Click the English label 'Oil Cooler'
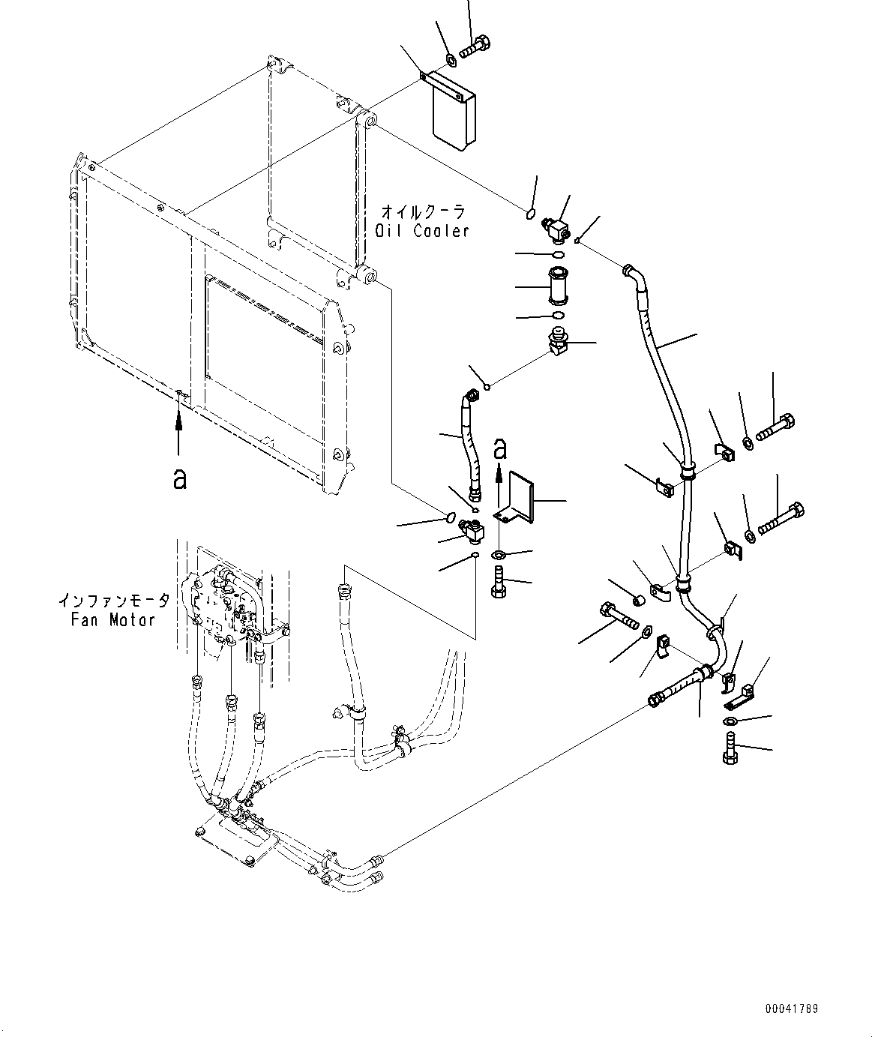tap(421, 231)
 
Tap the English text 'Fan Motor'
tap(112, 620)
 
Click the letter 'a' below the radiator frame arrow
tap(180, 479)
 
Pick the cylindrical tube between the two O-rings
tap(558, 286)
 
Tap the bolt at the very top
tap(475, 48)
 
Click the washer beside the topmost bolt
tap(451, 61)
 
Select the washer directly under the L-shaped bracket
tap(499, 554)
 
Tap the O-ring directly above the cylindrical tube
tap(558, 255)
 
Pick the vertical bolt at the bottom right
tap(730, 748)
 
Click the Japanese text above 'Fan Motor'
tap(114, 601)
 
